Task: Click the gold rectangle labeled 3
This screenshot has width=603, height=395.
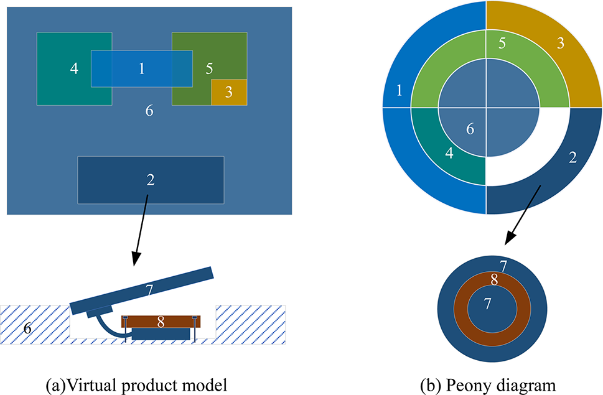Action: pyautogui.click(x=229, y=92)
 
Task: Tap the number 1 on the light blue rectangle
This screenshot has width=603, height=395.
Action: pyautogui.click(x=141, y=68)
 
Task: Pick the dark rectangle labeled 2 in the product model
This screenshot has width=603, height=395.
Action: pyautogui.click(x=151, y=180)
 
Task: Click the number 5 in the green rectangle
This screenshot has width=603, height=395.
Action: pyautogui.click(x=209, y=68)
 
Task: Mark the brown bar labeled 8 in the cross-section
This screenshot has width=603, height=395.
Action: pyautogui.click(x=160, y=322)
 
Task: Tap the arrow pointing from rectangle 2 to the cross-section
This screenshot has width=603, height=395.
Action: pyautogui.click(x=141, y=230)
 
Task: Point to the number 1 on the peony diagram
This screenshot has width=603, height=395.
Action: pyautogui.click(x=399, y=91)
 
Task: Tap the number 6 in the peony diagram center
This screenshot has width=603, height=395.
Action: pyautogui.click(x=470, y=129)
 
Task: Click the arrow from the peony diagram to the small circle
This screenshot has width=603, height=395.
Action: pyautogui.click(x=520, y=228)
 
